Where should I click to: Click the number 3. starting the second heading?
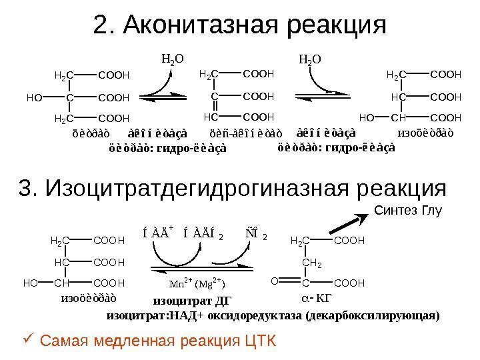click(x=29, y=189)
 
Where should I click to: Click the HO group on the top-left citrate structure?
click(x=34, y=98)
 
